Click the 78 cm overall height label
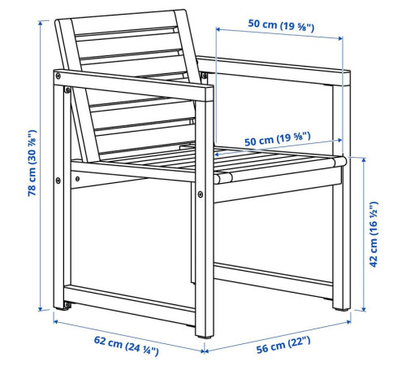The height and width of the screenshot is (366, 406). tap(32, 163)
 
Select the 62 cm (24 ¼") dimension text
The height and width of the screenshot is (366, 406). tap(126, 346)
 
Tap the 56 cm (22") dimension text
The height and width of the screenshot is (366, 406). tap(283, 344)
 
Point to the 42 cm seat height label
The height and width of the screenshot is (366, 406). tap(374, 234)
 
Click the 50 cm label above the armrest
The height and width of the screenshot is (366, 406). tap(281, 25)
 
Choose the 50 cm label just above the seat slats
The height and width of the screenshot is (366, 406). tap(278, 139)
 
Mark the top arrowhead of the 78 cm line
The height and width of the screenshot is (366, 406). tap(41, 23)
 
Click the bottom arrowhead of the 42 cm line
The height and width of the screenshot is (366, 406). tap(364, 308)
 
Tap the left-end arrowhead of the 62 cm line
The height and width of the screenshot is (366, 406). tap(56, 321)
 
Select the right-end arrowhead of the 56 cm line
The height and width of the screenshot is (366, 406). tap(348, 322)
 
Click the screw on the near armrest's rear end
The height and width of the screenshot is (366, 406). tap(58, 76)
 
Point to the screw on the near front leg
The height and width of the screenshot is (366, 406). tap(201, 194)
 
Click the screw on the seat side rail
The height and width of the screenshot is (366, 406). tap(78, 179)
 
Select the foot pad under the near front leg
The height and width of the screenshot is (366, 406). tap(205, 337)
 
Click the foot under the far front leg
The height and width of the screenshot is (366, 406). tap(341, 309)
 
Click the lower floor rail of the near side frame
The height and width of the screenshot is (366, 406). tap(130, 305)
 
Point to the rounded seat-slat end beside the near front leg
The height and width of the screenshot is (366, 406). tap(223, 177)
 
